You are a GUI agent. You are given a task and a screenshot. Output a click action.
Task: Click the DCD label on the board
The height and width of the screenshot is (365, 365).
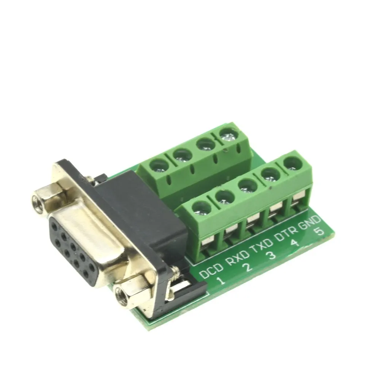click(x=211, y=270)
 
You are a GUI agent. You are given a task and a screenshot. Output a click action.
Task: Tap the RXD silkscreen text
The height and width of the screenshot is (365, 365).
click(x=238, y=258)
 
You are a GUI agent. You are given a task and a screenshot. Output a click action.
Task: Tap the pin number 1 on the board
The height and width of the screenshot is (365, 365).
click(x=221, y=281)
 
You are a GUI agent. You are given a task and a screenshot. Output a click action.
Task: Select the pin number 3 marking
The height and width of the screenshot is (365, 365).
click(x=271, y=255)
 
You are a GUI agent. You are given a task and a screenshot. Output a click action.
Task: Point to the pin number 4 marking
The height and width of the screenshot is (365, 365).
click(x=295, y=243)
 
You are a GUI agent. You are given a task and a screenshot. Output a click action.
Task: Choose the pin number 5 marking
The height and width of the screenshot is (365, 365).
click(x=319, y=232)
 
